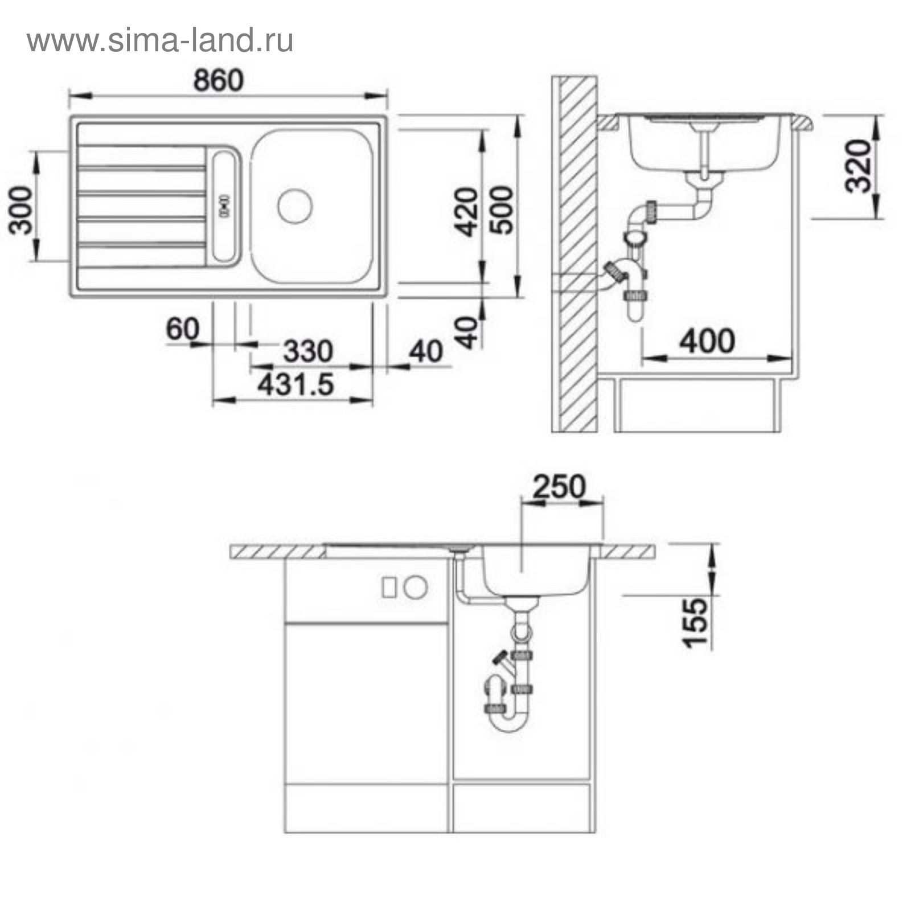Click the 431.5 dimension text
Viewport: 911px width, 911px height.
click(295, 385)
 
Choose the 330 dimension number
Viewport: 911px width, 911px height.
click(308, 351)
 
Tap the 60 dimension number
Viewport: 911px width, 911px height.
click(183, 329)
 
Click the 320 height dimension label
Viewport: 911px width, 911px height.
click(859, 166)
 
